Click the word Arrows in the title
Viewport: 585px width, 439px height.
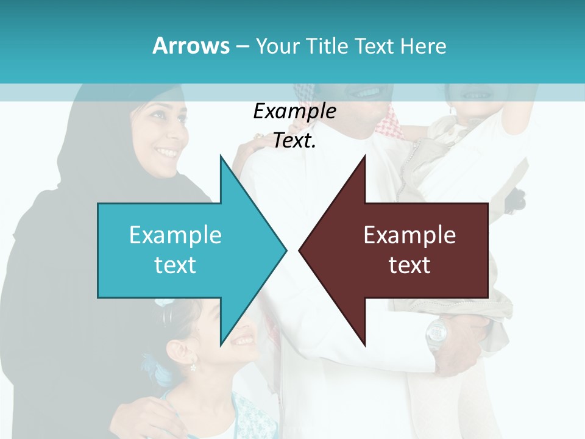click(x=191, y=46)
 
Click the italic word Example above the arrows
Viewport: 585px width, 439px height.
click(x=294, y=111)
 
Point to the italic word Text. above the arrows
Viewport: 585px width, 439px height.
click(x=294, y=141)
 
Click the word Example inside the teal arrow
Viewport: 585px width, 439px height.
click(x=175, y=235)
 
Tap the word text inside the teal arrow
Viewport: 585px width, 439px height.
click(x=175, y=265)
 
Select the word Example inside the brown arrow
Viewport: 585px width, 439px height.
click(x=409, y=235)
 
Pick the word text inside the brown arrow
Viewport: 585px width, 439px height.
click(x=409, y=265)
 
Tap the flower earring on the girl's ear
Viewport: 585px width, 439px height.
click(x=193, y=367)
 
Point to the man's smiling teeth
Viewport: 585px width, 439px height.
click(x=365, y=93)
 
